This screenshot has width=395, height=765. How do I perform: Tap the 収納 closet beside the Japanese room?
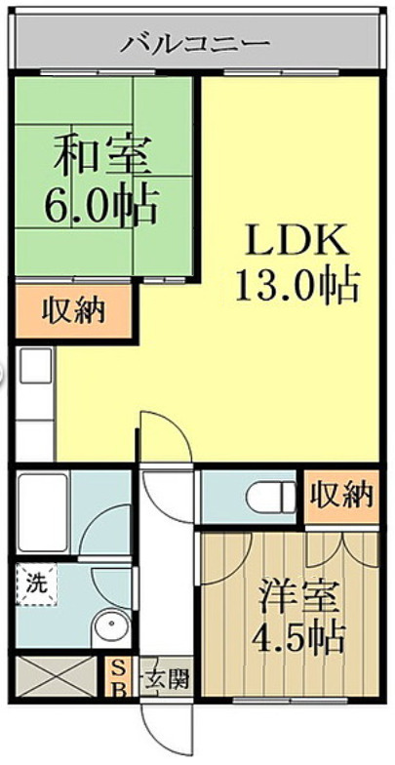click(x=73, y=310)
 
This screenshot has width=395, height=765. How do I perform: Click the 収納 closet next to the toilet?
click(x=341, y=497)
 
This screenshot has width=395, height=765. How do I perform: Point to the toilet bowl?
click(x=271, y=498)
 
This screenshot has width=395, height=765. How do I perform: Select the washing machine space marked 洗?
click(x=36, y=584)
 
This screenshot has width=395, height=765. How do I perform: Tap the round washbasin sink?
click(x=113, y=624)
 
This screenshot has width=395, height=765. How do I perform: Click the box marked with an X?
click(x=57, y=676)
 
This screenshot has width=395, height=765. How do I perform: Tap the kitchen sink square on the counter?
click(x=35, y=365)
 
